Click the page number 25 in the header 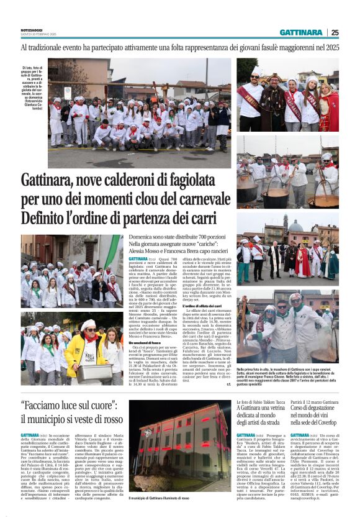click(335, 32)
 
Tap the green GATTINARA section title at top click(301, 32)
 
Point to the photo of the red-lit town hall click(181, 457)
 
